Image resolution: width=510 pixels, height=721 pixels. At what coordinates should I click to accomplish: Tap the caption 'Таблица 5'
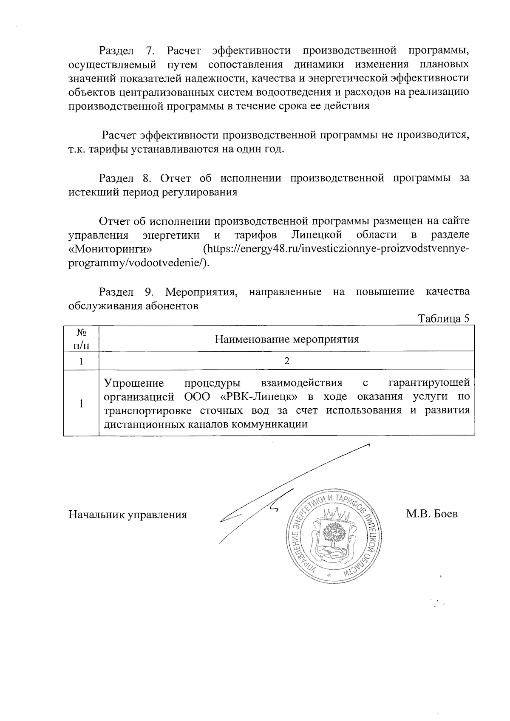[444, 319]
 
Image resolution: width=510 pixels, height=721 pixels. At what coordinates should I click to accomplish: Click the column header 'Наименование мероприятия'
[286, 339]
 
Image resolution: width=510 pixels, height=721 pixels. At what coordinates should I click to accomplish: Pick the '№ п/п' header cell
[81, 339]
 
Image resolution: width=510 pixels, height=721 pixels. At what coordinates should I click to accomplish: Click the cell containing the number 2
[286, 361]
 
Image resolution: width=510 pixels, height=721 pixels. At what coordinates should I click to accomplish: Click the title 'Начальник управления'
[128, 515]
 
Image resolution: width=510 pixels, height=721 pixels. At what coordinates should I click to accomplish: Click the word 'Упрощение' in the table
[134, 383]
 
